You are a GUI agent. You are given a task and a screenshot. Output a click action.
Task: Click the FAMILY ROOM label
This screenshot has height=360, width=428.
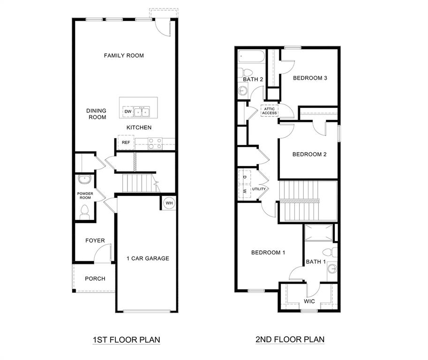[124, 56]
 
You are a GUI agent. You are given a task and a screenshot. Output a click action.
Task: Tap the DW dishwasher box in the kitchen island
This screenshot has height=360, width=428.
[128, 112]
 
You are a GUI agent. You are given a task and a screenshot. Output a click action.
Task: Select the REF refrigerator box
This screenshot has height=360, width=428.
[126, 142]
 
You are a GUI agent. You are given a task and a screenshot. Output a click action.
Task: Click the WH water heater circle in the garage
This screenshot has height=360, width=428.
[169, 203]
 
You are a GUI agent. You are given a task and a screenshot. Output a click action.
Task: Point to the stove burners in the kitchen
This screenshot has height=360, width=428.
[155, 143]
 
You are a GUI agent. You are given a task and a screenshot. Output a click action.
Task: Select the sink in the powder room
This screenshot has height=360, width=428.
[85, 180]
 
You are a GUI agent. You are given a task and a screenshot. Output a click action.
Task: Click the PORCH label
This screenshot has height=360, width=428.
[95, 279]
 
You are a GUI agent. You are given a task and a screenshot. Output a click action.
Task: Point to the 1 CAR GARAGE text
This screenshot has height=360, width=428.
[148, 258]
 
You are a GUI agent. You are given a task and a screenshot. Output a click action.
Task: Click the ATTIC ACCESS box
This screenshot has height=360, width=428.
[270, 111]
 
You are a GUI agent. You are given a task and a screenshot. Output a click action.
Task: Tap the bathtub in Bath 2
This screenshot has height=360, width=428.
[251, 57]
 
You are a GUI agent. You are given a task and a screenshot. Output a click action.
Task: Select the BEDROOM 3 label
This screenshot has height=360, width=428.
[310, 78]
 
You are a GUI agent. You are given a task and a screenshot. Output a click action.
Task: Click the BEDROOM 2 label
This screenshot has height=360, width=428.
[309, 154]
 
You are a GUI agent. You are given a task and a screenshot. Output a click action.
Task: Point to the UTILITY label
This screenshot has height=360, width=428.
[259, 189]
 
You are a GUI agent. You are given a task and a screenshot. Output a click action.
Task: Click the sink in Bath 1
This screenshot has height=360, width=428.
[332, 269]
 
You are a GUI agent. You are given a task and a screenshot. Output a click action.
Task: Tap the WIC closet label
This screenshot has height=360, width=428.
[309, 301]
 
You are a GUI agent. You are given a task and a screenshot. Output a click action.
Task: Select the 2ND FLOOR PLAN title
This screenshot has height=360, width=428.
[290, 339]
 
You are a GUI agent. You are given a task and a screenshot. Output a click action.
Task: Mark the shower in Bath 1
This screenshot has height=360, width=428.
[319, 232]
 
